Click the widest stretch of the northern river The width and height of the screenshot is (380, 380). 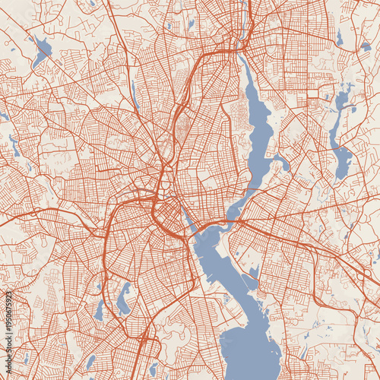tap(258, 122)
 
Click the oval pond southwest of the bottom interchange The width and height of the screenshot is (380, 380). tap(91, 362)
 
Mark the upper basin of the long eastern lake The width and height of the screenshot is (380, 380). tap(343, 99)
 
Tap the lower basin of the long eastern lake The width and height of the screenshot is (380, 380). tap(343, 160)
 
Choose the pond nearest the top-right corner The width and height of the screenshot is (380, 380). tap(366, 45)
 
